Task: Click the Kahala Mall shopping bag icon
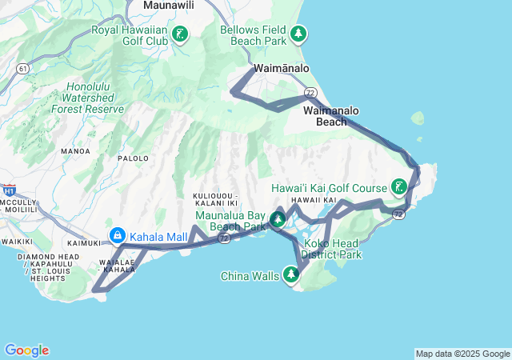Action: click(x=118, y=236)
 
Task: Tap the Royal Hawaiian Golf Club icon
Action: click(x=181, y=34)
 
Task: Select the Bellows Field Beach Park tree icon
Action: click(x=298, y=34)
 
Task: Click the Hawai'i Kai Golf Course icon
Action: click(x=398, y=188)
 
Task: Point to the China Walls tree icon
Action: click(x=291, y=276)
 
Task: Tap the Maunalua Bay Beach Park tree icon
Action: click(x=278, y=218)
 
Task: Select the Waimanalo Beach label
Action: click(x=332, y=116)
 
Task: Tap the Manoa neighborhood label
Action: click(x=75, y=150)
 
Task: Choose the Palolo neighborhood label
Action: click(x=134, y=158)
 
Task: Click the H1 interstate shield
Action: click(x=9, y=190)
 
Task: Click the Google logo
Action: click(x=26, y=350)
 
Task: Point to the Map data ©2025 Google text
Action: click(x=462, y=354)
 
